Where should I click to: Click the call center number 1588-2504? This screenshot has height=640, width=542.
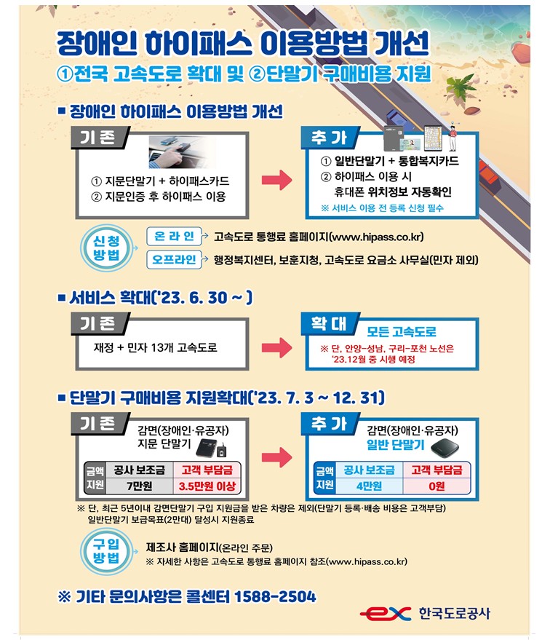tap(275, 596)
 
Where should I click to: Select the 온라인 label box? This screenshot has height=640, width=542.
tap(174, 236)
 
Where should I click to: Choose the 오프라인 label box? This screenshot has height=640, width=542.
tap(174, 260)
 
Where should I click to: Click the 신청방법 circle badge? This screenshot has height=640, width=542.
tap(106, 248)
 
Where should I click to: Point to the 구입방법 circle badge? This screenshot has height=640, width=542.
tap(106, 551)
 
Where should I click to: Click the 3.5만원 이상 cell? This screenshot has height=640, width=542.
tap(207, 486)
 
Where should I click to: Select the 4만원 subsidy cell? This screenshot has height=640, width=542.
tap(369, 486)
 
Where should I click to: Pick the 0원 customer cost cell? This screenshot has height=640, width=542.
tap(437, 486)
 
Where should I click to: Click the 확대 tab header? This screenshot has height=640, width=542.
tap(330, 324)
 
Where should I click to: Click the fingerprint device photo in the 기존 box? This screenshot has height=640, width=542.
tap(182, 152)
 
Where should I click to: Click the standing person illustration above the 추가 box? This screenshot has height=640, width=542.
tap(452, 137)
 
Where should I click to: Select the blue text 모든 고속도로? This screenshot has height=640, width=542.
tap(402, 331)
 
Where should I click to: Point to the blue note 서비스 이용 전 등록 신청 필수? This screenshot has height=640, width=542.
tap(382, 208)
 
